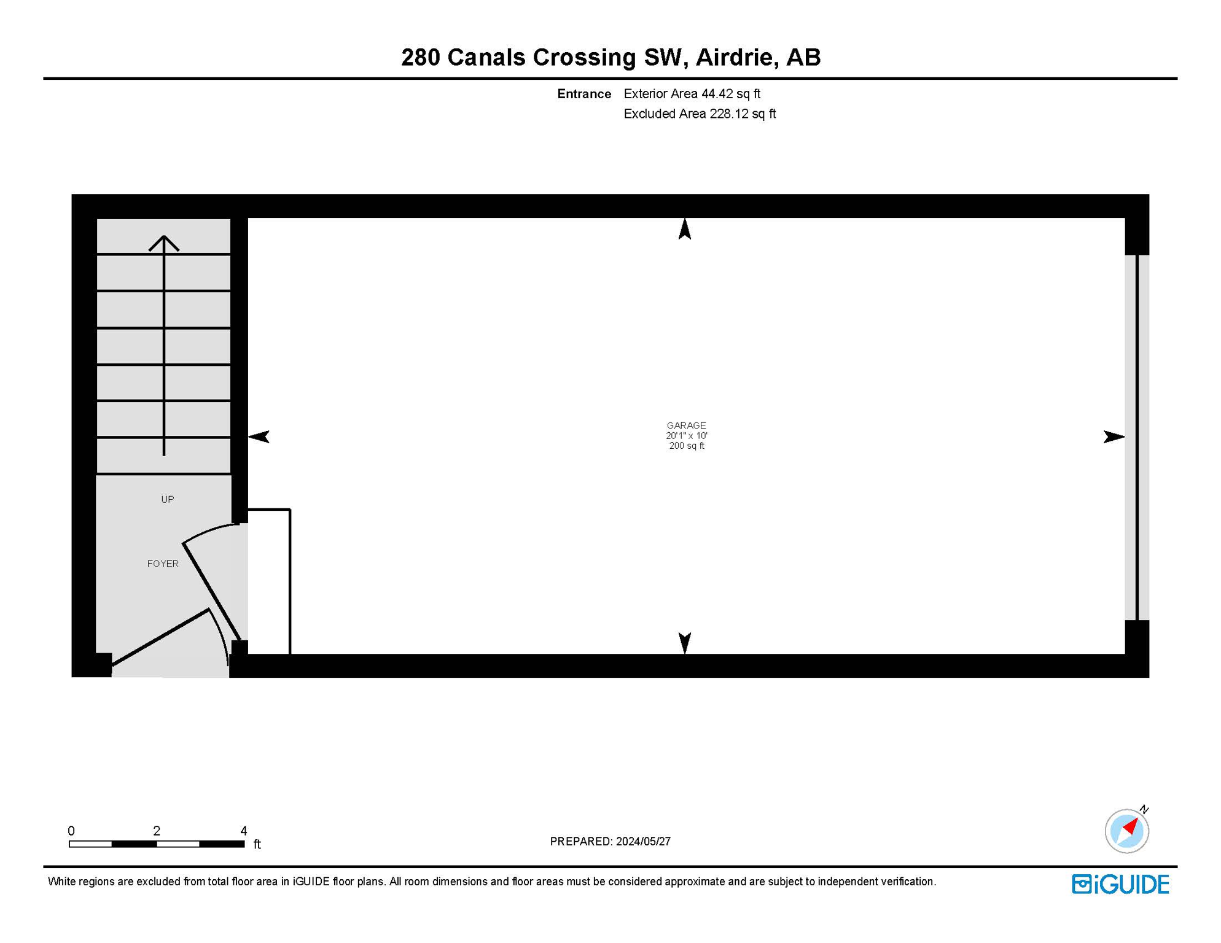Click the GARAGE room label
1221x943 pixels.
(x=686, y=425)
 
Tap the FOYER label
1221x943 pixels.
(x=163, y=564)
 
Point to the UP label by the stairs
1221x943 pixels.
(x=167, y=499)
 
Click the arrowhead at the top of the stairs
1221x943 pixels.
(x=164, y=243)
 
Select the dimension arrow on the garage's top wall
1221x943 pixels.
(x=685, y=229)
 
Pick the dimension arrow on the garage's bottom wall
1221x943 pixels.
(x=685, y=642)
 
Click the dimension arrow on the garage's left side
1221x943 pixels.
(x=259, y=437)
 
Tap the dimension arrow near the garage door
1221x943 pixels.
(x=1113, y=437)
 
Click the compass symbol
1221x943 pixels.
(x=1127, y=831)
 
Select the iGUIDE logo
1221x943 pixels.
(x=1120, y=884)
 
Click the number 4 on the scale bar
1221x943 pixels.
(x=244, y=831)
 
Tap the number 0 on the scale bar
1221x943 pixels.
(x=71, y=831)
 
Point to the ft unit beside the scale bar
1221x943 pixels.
(x=257, y=844)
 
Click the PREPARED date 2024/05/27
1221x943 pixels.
(x=643, y=841)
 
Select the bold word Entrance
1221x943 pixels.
(x=584, y=94)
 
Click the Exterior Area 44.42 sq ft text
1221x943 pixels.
(x=692, y=94)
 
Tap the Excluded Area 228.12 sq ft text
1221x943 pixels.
(x=700, y=114)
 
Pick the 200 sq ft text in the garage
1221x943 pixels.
(x=687, y=446)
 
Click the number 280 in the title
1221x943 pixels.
(x=421, y=57)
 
